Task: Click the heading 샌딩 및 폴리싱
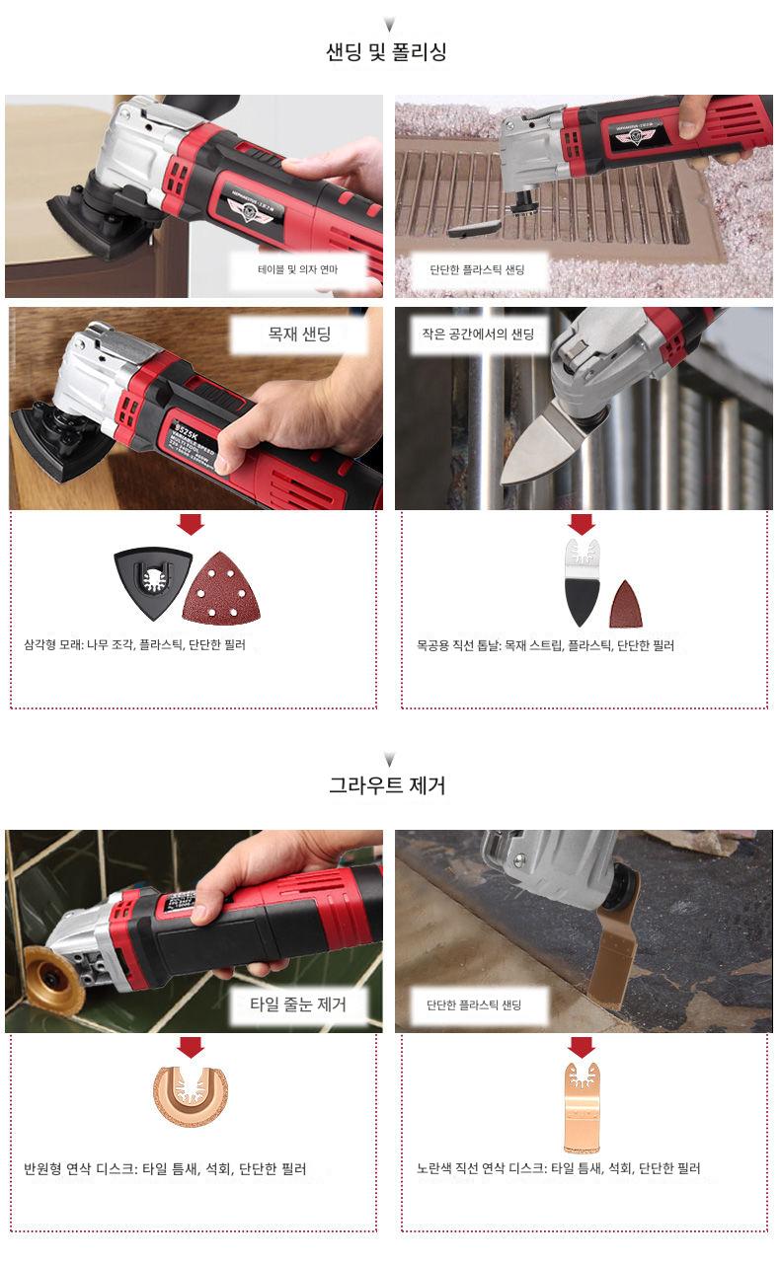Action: click(x=387, y=52)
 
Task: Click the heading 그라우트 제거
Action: click(x=387, y=785)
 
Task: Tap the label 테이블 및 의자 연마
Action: click(x=297, y=270)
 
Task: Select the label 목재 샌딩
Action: click(x=299, y=334)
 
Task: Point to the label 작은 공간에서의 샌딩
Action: click(x=478, y=334)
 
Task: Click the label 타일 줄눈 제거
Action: click(x=297, y=1004)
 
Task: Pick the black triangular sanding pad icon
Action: click(x=152, y=583)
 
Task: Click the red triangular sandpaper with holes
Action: click(x=221, y=588)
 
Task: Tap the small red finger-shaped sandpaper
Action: click(x=625, y=605)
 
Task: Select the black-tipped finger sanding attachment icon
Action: click(x=582, y=583)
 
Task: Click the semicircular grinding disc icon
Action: click(x=191, y=1095)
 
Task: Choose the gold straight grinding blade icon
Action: click(x=582, y=1108)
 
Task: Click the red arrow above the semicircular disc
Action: click(x=191, y=1047)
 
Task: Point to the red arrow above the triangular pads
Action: click(x=191, y=524)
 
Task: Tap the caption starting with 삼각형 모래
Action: click(x=135, y=644)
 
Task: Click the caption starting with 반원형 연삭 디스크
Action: click(x=165, y=1169)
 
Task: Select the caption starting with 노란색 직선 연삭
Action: click(x=558, y=1168)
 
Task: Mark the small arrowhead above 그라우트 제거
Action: click(x=389, y=760)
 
